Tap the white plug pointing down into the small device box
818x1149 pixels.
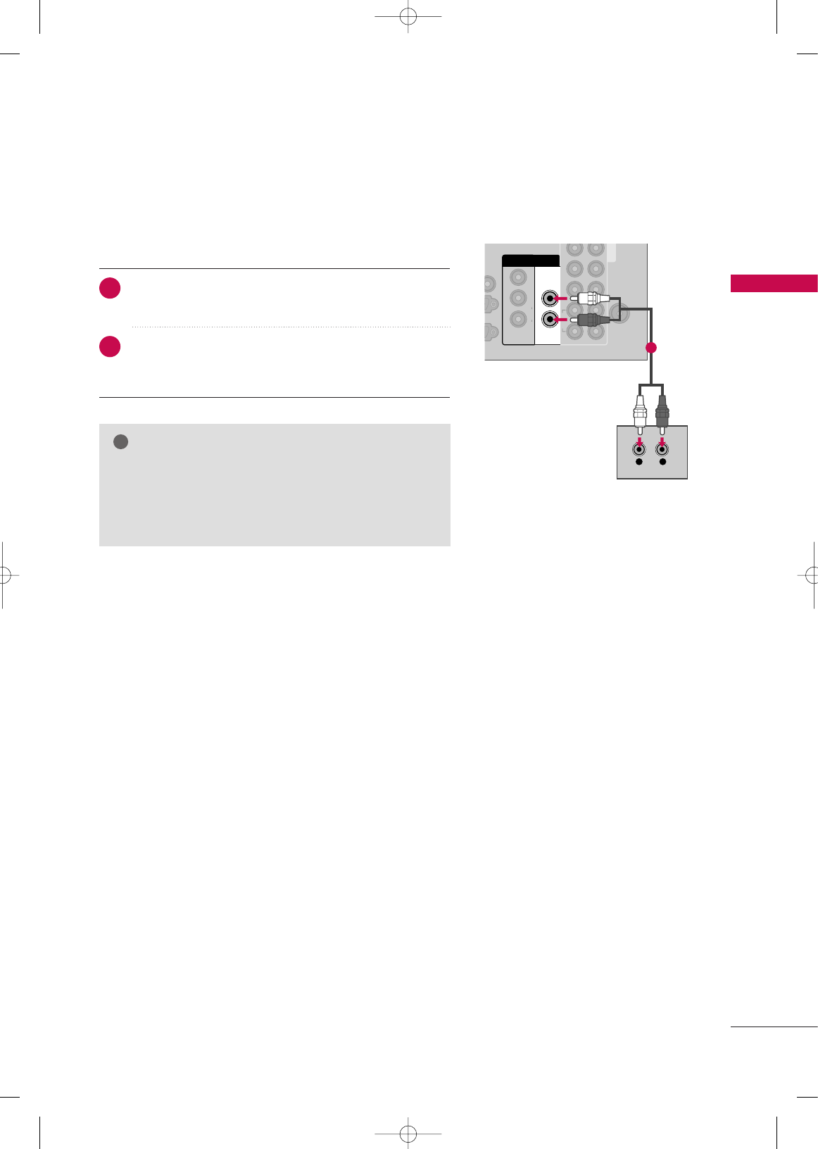coord(639,414)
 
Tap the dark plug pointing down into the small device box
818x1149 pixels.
coord(662,414)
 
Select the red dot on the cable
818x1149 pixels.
coord(651,347)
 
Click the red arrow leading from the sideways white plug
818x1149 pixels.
coord(561,299)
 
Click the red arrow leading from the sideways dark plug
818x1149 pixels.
coord(561,320)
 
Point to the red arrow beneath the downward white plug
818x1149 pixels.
coord(639,441)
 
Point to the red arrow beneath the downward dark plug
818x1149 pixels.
coord(662,441)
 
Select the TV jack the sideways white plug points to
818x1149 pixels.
coord(549,299)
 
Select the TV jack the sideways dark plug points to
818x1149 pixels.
coord(549,320)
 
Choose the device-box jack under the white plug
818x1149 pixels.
coord(639,449)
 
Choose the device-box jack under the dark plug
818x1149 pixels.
coord(662,449)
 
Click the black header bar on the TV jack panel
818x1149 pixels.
coord(531,260)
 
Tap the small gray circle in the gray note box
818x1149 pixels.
coord(120,442)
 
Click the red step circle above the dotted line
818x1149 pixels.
coord(110,289)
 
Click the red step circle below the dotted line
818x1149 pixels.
coord(110,347)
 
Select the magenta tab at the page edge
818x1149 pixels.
coord(774,283)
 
